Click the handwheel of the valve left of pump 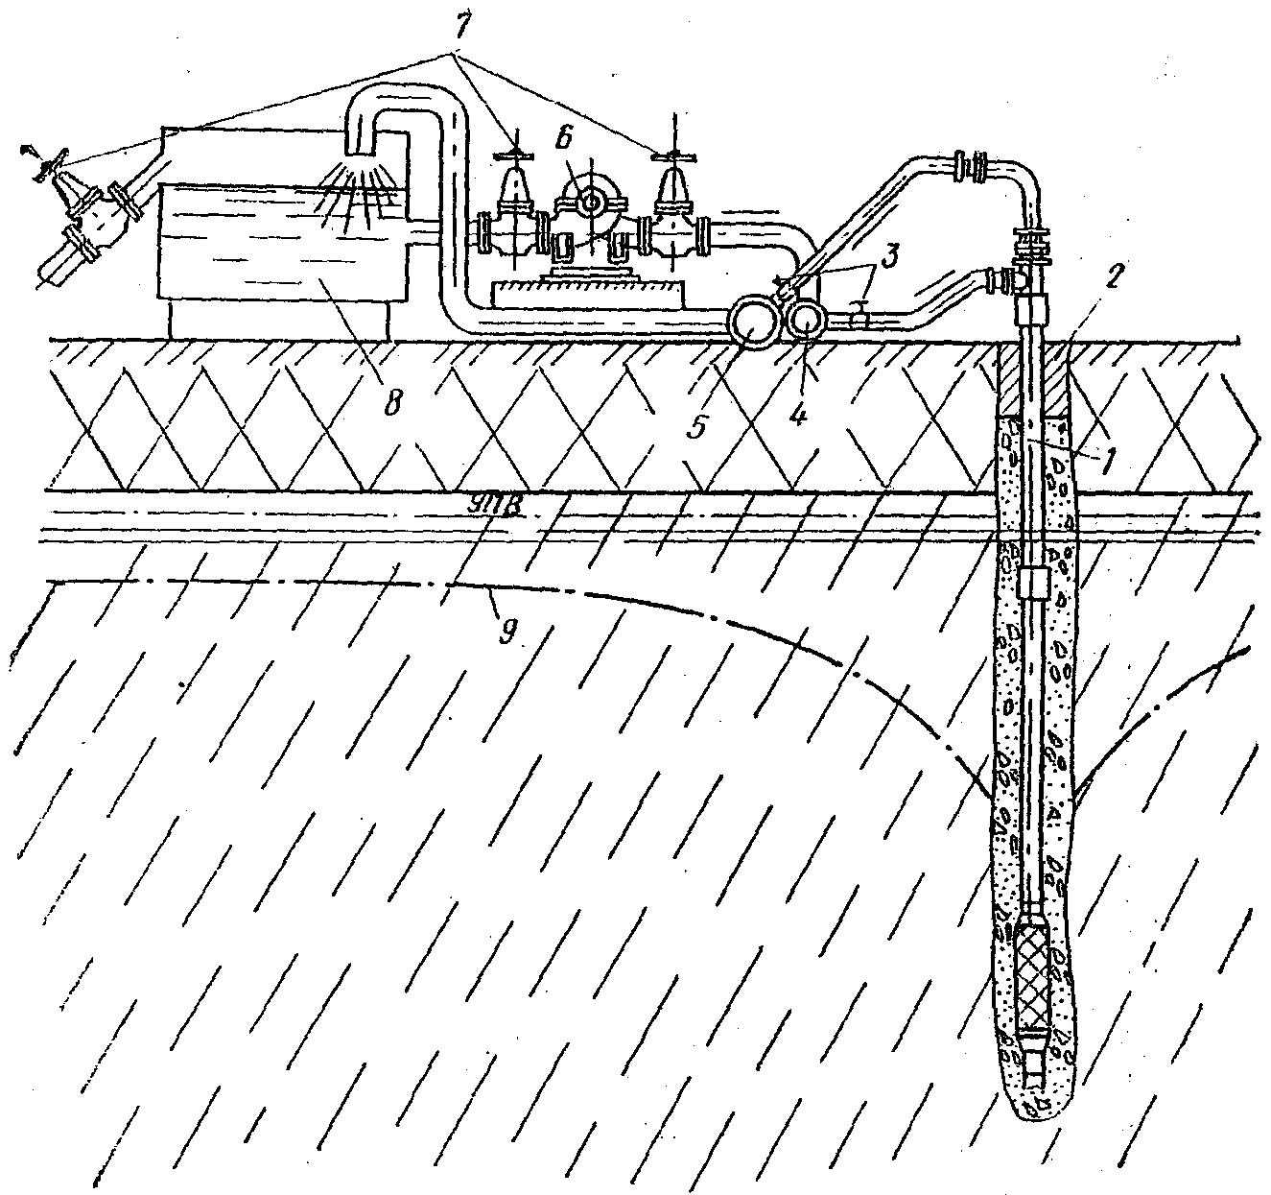[x=515, y=155]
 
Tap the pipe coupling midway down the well [x=1033, y=582]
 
